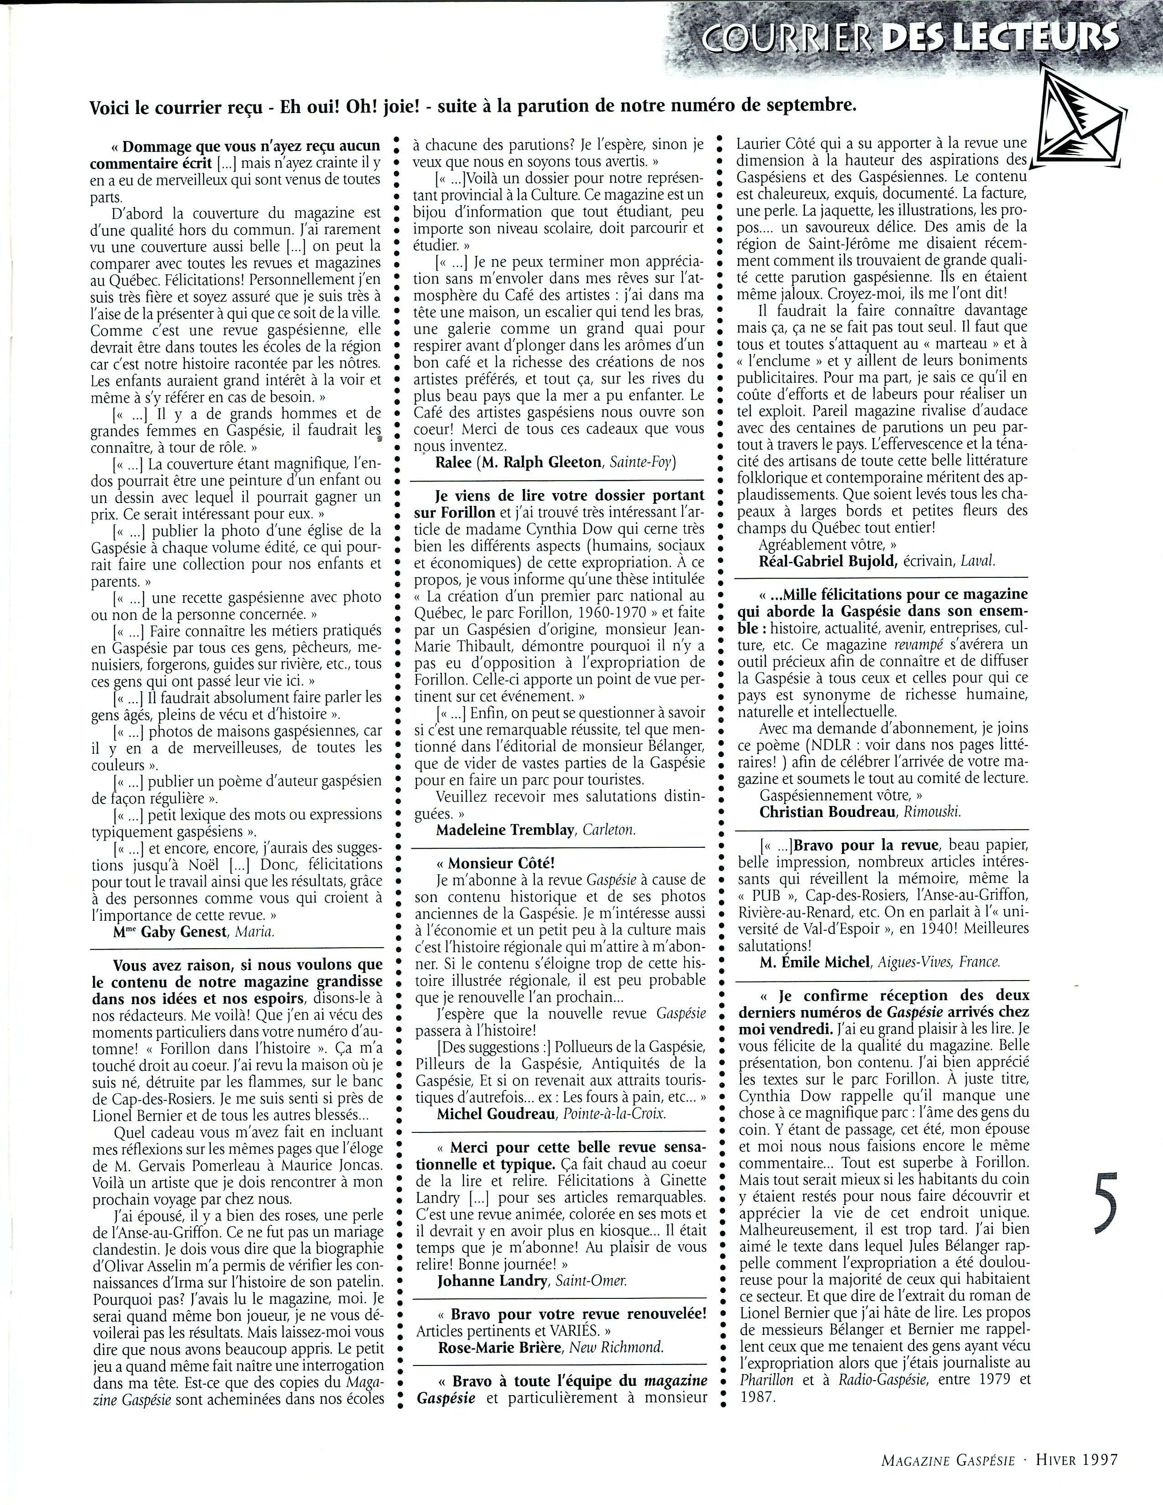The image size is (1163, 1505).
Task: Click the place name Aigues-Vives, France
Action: (939, 962)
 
